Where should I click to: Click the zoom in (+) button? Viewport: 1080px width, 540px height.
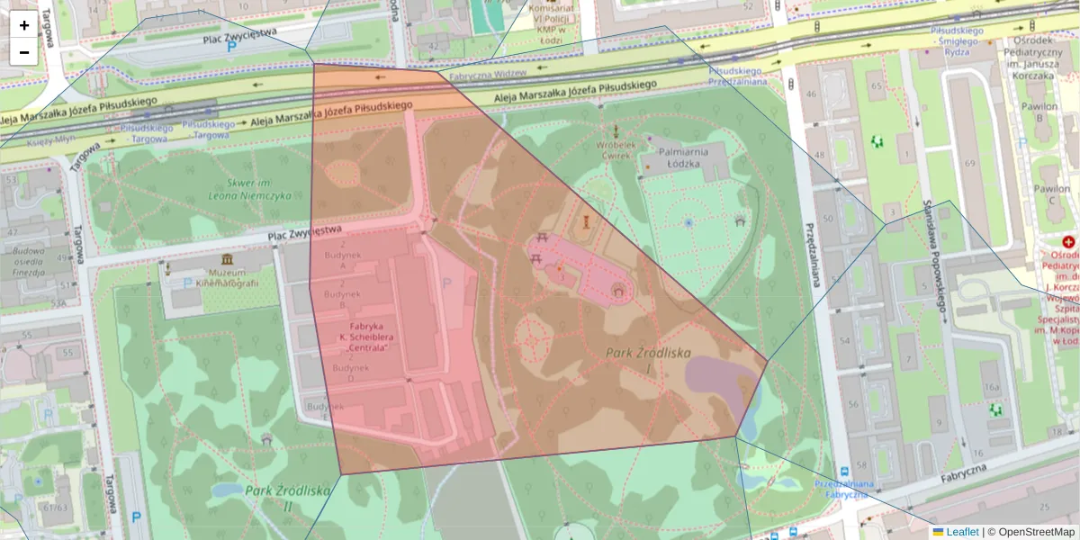(24, 25)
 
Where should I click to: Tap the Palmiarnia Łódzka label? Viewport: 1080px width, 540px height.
(685, 159)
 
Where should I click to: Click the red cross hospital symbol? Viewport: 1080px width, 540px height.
(1069, 242)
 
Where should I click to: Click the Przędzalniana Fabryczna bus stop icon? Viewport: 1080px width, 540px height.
(844, 471)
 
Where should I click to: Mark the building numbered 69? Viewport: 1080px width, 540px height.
(969, 164)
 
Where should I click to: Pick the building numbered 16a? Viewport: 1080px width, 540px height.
(992, 387)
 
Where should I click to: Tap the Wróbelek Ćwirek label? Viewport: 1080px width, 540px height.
(616, 148)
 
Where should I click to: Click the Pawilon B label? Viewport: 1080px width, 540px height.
(1044, 110)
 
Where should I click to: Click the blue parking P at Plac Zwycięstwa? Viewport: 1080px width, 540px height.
(231, 46)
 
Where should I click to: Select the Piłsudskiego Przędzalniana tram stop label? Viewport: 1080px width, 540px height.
(738, 76)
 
